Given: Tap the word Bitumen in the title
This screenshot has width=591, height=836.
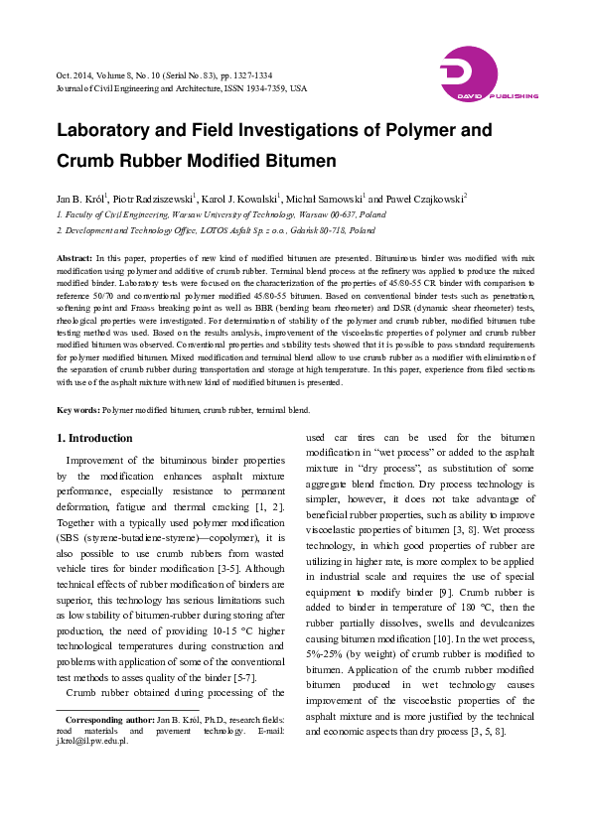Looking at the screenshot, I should (297, 161).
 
